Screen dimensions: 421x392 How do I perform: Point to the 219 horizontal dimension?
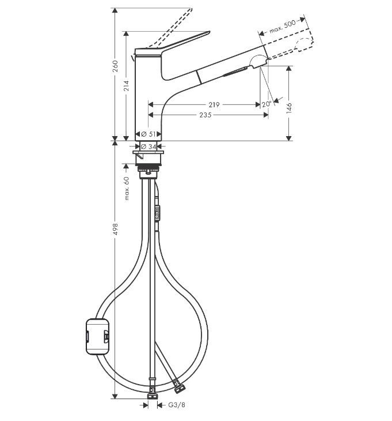(214, 105)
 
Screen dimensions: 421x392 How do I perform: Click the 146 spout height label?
(289, 108)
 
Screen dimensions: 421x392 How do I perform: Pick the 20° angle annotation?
(266, 104)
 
